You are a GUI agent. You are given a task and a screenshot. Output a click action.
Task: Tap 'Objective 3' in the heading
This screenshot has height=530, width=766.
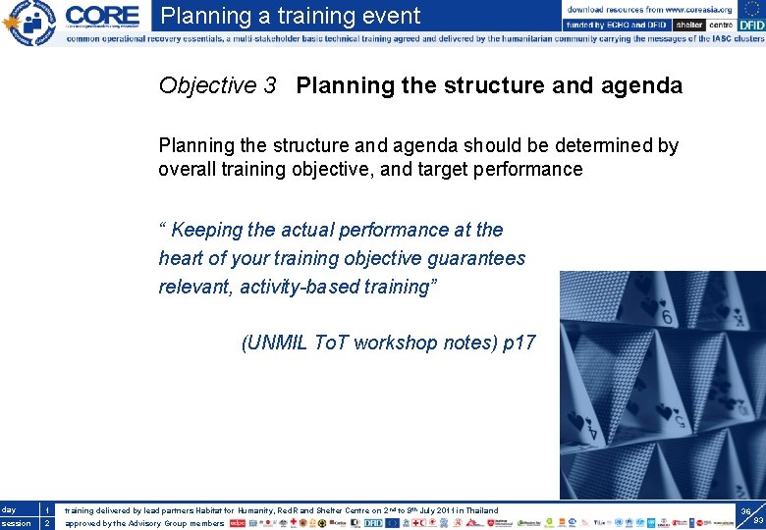click(x=217, y=85)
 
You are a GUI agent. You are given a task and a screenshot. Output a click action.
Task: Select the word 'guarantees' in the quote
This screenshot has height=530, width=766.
click(x=477, y=258)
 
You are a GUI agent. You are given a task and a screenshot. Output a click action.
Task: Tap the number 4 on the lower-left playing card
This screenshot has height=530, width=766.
click(x=589, y=430)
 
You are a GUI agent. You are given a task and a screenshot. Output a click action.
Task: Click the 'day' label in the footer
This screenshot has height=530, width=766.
click(x=9, y=509)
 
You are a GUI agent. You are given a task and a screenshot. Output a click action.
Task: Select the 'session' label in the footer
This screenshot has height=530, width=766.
click(x=15, y=523)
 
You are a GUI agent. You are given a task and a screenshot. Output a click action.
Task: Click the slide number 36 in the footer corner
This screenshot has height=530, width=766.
click(x=745, y=511)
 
